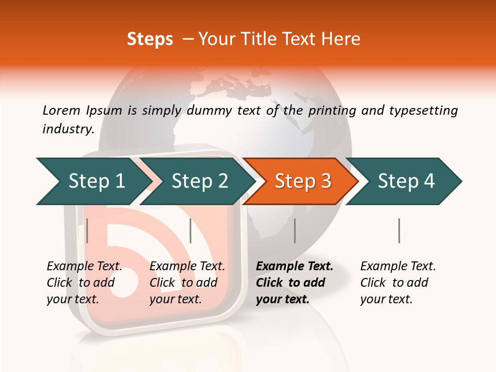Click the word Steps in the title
click(150, 39)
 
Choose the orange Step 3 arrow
click(303, 181)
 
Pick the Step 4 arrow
click(406, 181)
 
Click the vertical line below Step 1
click(87, 230)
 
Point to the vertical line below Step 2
click(191, 230)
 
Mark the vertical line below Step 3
click(295, 230)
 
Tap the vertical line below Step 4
click(399, 230)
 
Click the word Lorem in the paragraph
click(61, 110)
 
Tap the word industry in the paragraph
click(68, 129)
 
